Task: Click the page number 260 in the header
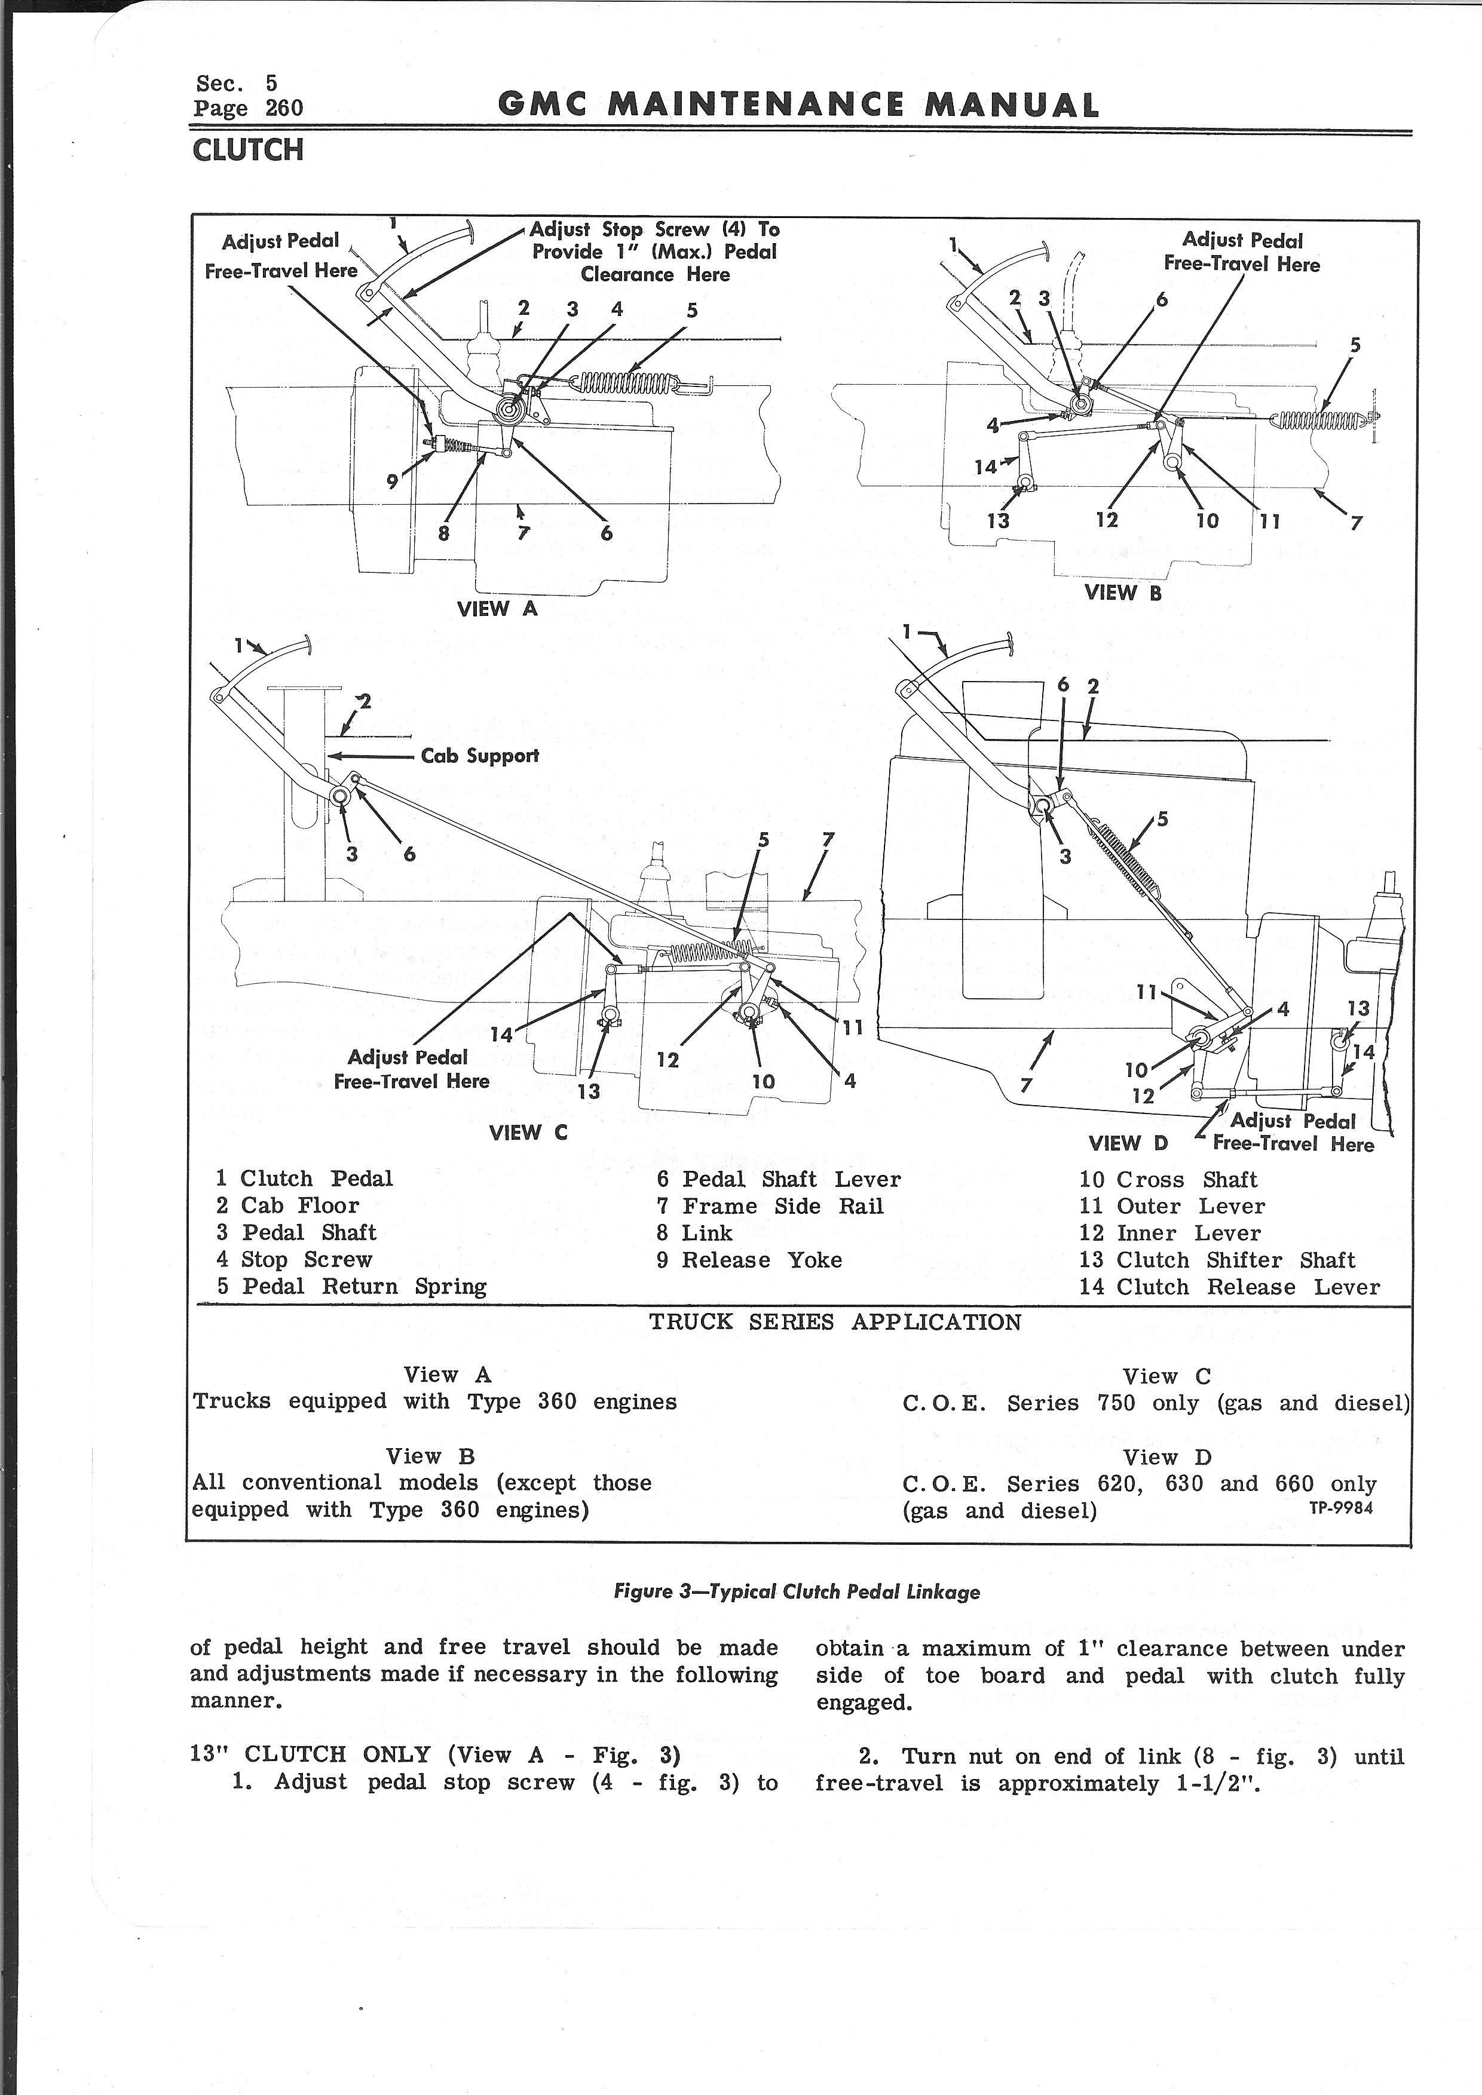284,109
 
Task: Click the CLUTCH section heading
247,149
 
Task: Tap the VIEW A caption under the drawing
497,609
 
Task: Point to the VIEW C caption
528,1133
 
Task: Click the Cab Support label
479,756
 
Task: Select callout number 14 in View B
985,467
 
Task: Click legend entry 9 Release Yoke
749,1260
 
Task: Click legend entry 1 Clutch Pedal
304,1179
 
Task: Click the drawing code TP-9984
1340,1508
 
